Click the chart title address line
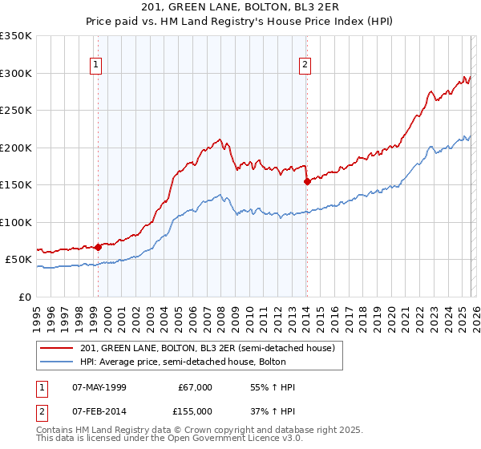point(240,7)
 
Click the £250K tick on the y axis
point(16,111)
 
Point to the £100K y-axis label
point(16,222)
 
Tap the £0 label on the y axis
point(25,297)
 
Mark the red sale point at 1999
point(98,247)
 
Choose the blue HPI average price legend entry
point(208,361)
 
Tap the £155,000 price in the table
point(196,410)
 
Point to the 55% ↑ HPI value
point(273,387)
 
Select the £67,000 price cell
point(196,387)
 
